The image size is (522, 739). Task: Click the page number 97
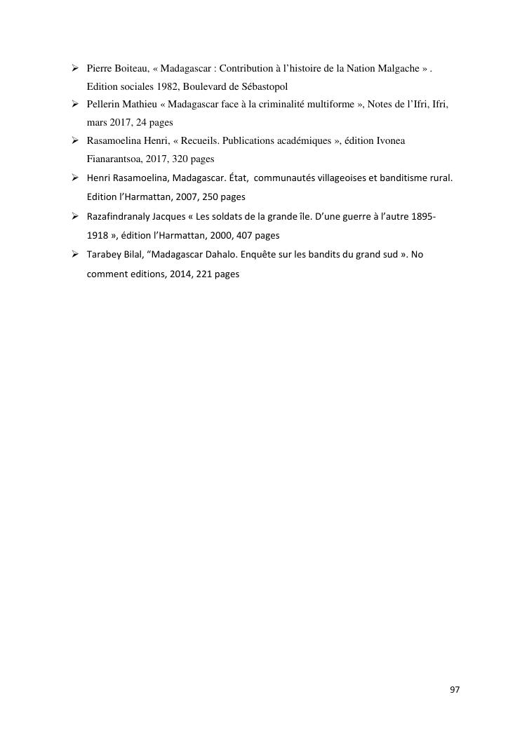coord(455,690)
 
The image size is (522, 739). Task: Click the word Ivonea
coord(390,140)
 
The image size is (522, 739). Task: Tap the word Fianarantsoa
coord(116,159)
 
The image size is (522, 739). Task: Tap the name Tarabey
coord(104,255)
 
